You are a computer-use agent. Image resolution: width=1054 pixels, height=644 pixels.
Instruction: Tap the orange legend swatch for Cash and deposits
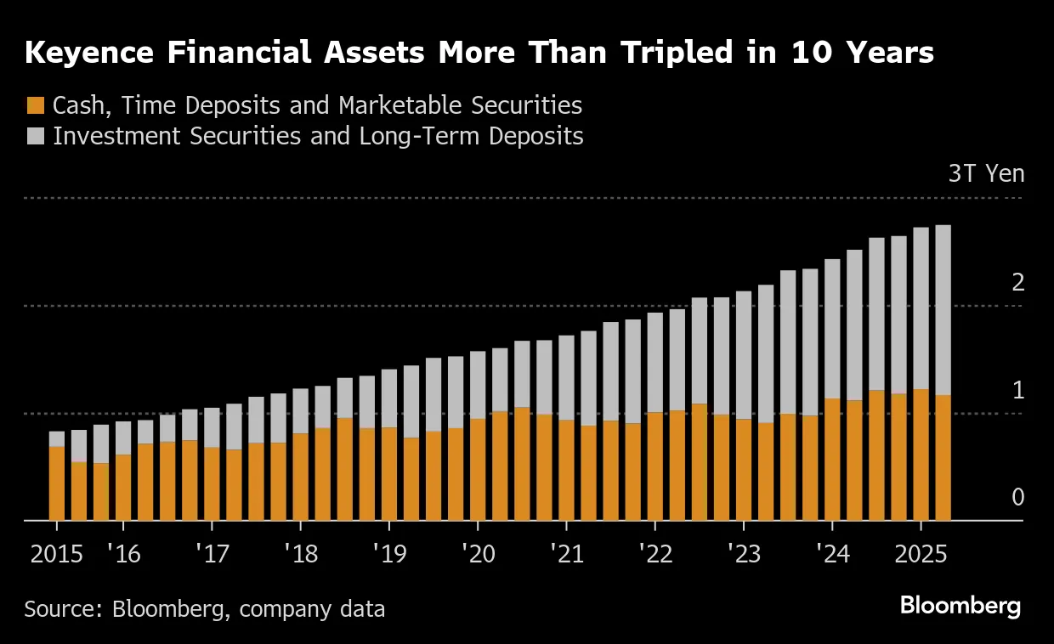pyautogui.click(x=35, y=106)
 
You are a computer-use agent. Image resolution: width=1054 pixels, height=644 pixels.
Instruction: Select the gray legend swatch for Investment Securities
pyautogui.click(x=35, y=136)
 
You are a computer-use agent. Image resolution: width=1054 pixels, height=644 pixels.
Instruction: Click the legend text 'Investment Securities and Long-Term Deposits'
pyautogui.click(x=318, y=136)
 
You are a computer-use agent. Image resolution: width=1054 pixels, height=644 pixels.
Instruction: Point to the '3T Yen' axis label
pyautogui.click(x=986, y=174)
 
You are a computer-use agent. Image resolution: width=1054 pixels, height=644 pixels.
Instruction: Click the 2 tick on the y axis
pyautogui.click(x=1017, y=283)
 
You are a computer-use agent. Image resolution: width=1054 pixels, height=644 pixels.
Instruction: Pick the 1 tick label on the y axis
pyautogui.click(x=1017, y=391)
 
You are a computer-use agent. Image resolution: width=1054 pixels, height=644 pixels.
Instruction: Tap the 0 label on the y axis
pyautogui.click(x=1017, y=498)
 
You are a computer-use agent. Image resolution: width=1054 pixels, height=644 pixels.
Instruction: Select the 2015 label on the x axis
pyautogui.click(x=57, y=555)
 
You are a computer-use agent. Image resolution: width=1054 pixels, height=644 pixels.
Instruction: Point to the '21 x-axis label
pyautogui.click(x=566, y=555)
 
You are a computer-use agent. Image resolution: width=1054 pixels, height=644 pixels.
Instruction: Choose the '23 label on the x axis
pyautogui.click(x=744, y=555)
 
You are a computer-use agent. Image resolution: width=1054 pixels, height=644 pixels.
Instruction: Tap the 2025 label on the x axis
pyautogui.click(x=921, y=555)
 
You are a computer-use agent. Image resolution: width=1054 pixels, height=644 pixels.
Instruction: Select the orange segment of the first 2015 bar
pyautogui.click(x=57, y=483)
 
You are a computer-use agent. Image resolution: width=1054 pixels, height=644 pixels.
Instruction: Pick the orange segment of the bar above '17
pyautogui.click(x=212, y=483)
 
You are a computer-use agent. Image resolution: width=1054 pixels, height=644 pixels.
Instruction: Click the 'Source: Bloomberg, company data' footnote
pyautogui.click(x=204, y=608)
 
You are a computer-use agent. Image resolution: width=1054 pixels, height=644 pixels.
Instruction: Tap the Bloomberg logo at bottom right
pyautogui.click(x=960, y=607)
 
